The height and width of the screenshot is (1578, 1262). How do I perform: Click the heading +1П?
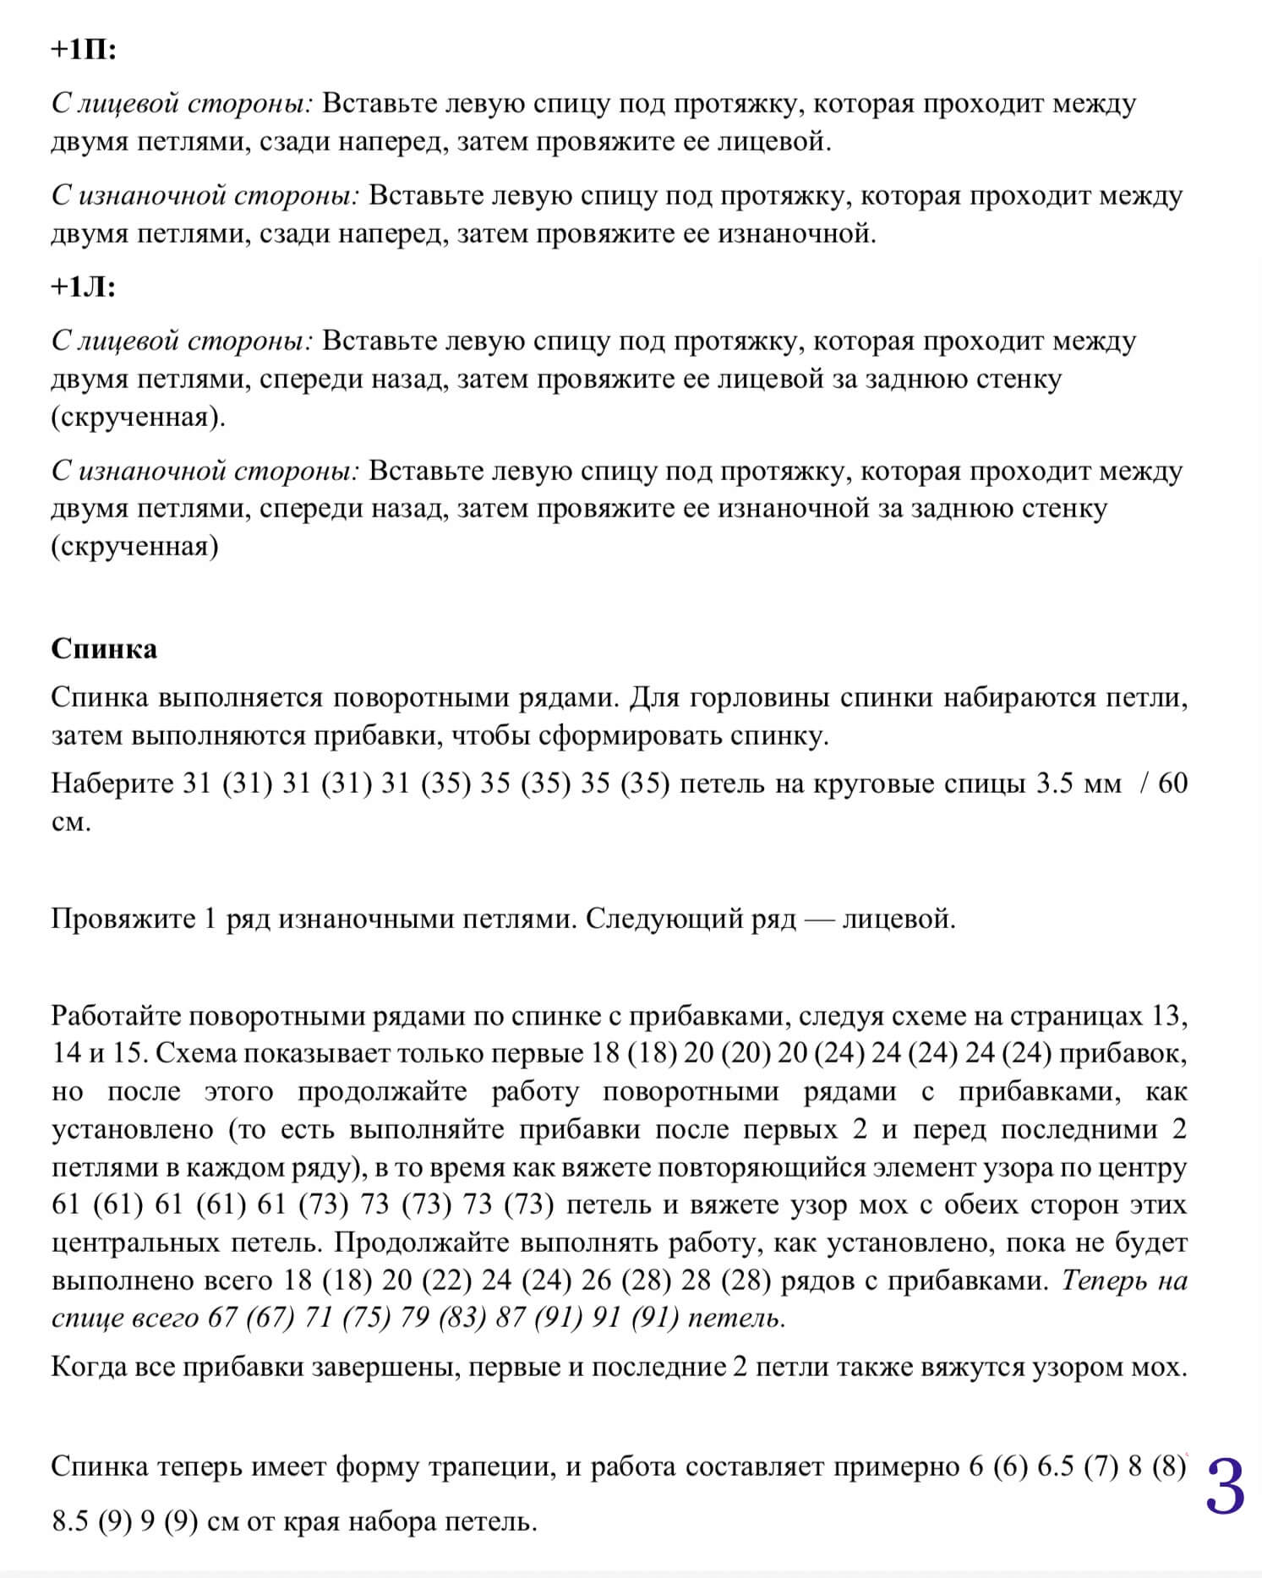(x=83, y=51)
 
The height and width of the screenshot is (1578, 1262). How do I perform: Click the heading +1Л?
(x=83, y=288)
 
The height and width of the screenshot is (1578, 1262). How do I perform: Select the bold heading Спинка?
(x=104, y=648)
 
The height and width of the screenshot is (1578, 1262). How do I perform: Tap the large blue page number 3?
(x=1224, y=1488)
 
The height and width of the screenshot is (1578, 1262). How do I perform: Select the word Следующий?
(x=664, y=919)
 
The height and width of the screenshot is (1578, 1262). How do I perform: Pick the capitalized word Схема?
(x=194, y=1053)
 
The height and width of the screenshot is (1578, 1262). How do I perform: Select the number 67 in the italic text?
(x=222, y=1319)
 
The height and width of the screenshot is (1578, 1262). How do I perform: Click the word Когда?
(x=92, y=1367)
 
